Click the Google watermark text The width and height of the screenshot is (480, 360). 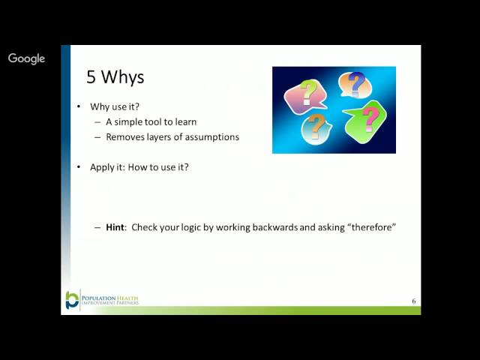point(26,58)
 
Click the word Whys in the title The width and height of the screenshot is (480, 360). point(121,77)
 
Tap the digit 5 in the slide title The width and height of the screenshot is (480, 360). point(91,77)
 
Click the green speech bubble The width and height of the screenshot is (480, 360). point(367,120)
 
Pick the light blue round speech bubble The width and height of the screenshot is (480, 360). point(316,127)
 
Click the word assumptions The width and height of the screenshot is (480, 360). point(210,137)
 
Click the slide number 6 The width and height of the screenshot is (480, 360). point(413,301)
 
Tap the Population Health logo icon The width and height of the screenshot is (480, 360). point(72,299)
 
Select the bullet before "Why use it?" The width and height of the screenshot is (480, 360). point(79,106)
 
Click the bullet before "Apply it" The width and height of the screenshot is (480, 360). point(79,166)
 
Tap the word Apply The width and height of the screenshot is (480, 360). point(101,166)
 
